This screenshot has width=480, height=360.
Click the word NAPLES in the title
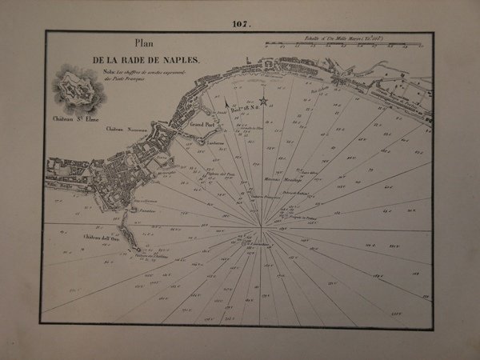pos(183,61)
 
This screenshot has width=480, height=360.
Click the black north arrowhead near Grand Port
pos(227,102)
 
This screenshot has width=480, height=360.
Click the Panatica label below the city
pos(144,210)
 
